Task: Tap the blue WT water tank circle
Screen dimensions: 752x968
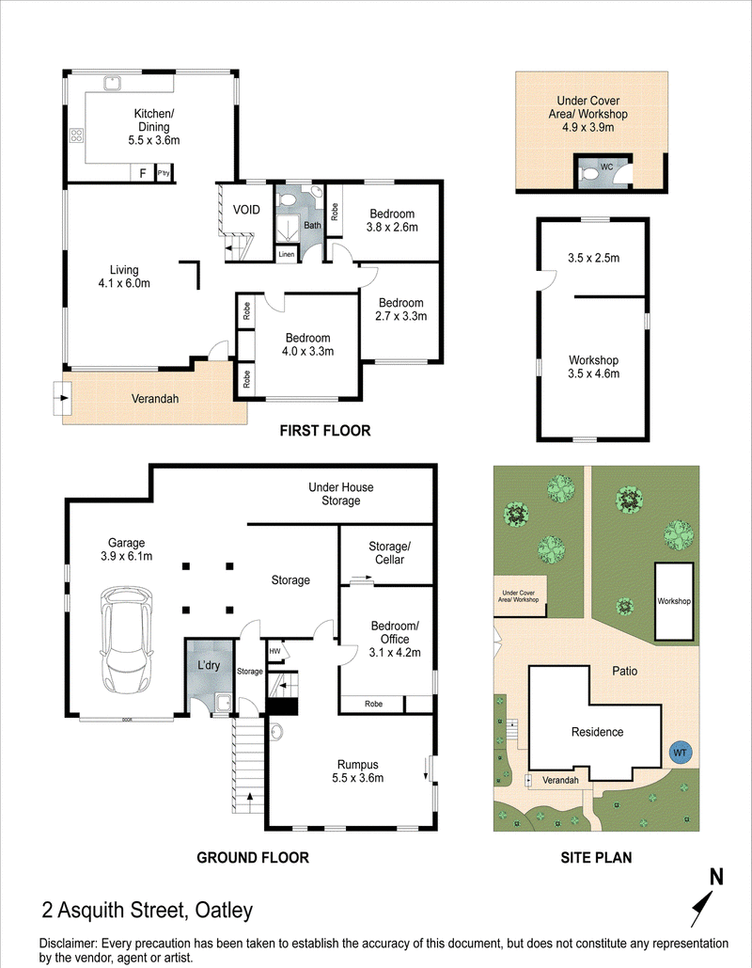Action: click(680, 753)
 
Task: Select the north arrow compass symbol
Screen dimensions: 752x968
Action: click(706, 897)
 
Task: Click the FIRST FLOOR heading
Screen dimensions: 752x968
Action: click(325, 430)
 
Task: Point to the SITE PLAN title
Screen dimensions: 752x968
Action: click(596, 857)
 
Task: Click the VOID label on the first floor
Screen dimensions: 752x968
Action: click(246, 210)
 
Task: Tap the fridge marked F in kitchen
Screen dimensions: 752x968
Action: click(143, 173)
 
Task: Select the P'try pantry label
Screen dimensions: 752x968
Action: click(164, 173)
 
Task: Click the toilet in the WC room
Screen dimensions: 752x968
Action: click(589, 176)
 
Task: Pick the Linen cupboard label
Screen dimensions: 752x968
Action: click(287, 254)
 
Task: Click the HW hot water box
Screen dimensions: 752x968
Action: click(274, 651)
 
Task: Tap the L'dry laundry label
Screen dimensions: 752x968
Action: click(209, 665)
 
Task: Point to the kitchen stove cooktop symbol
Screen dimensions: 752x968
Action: click(76, 135)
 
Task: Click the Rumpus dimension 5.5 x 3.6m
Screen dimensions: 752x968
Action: click(358, 778)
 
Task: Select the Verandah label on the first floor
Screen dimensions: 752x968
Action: click(155, 399)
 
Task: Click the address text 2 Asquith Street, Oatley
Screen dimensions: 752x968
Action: click(148, 910)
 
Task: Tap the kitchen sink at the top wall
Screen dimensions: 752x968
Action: click(112, 83)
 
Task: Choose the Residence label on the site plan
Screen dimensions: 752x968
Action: click(597, 732)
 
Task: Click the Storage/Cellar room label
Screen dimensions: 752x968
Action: click(389, 553)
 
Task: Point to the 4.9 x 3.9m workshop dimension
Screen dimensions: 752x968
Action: click(587, 128)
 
